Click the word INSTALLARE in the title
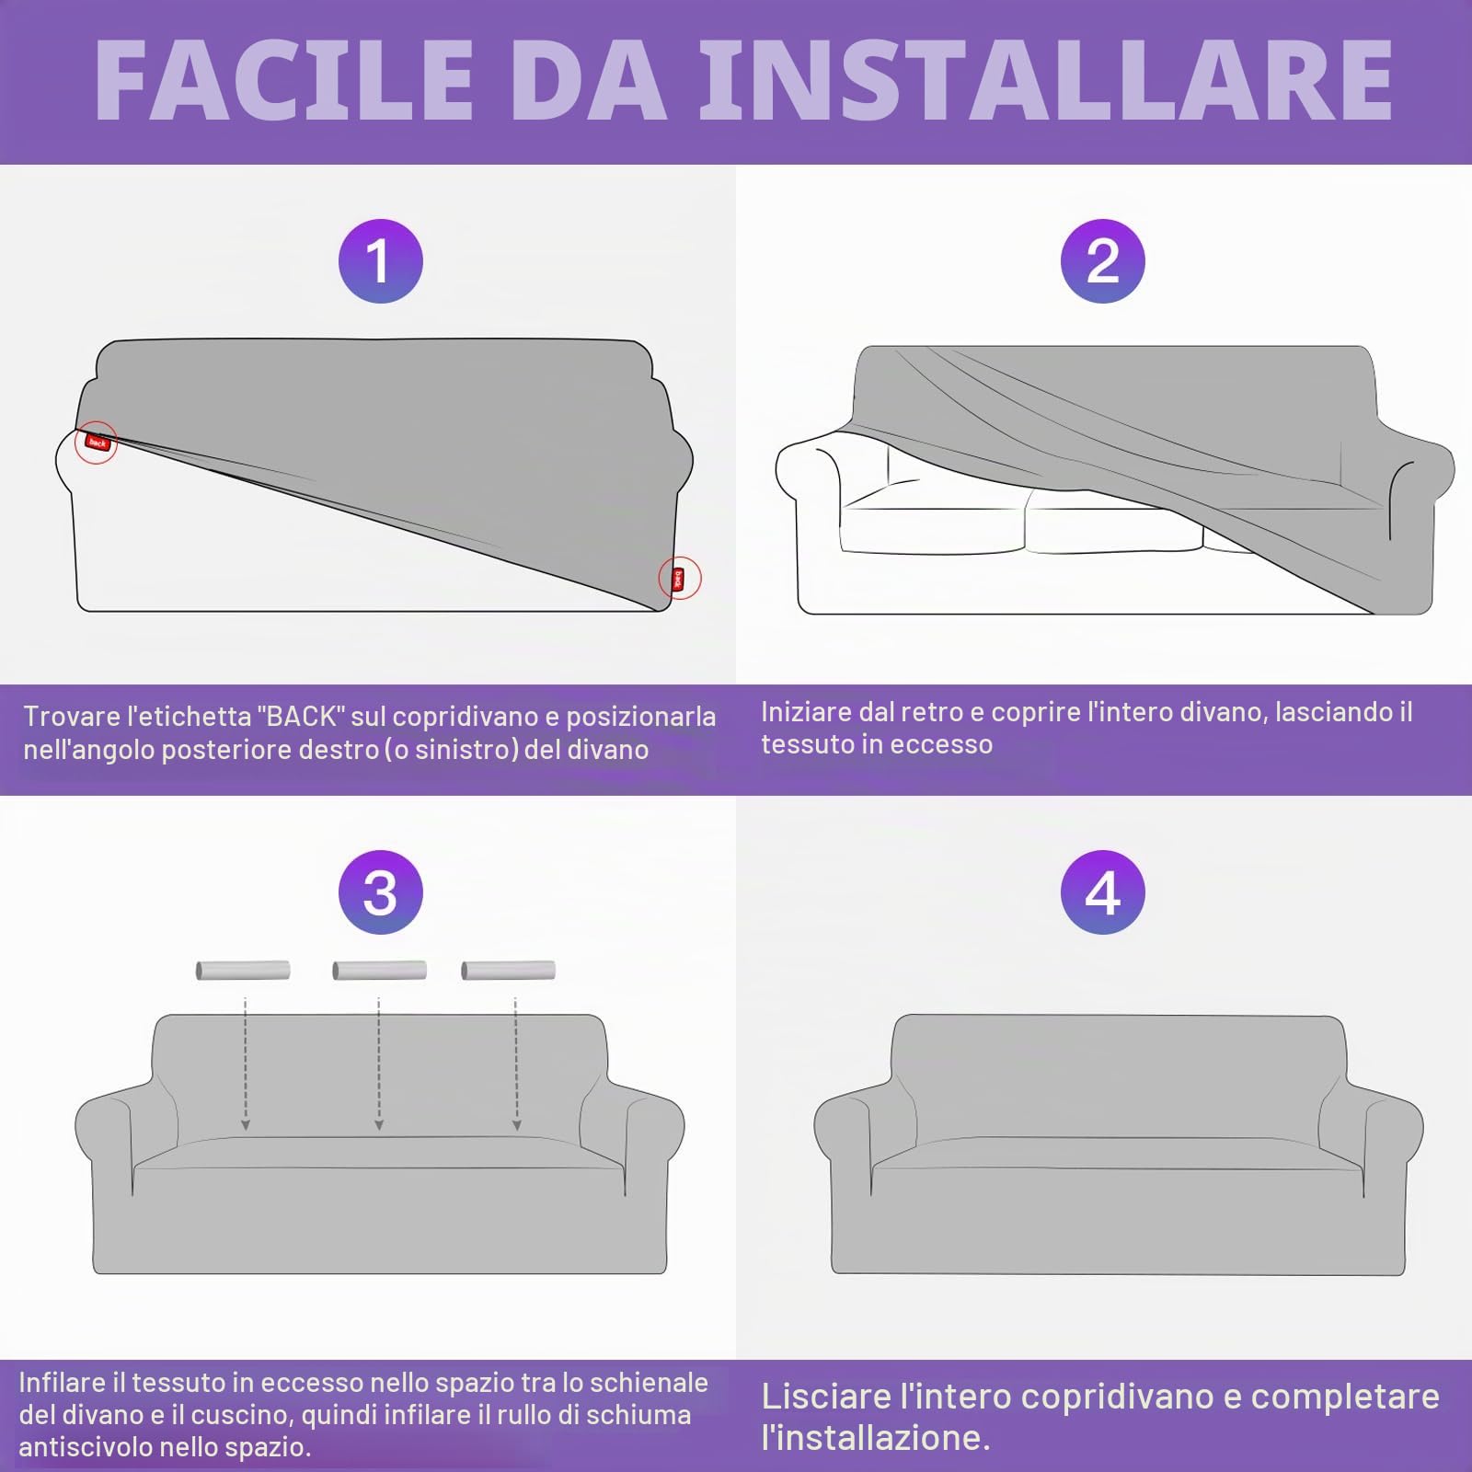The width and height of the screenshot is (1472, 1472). pos(1046,79)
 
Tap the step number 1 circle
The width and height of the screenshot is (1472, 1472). pos(380,261)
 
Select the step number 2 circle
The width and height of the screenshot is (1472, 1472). pos(1102,261)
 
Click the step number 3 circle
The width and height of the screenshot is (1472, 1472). pos(380,892)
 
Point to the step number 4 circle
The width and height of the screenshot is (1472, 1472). pos(1102,892)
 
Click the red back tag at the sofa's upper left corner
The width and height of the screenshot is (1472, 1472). pos(97,443)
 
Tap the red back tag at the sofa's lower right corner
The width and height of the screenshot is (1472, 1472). pos(679,579)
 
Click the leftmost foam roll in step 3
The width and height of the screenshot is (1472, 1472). pos(243,970)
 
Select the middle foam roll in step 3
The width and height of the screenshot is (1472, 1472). pos(379,970)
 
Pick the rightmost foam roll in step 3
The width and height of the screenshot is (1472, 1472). pos(508,970)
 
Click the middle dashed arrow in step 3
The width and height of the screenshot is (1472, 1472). pos(379,1064)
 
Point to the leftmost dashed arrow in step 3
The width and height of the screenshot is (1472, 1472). pos(245,1064)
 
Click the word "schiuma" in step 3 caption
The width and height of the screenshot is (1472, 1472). pos(639,1415)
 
